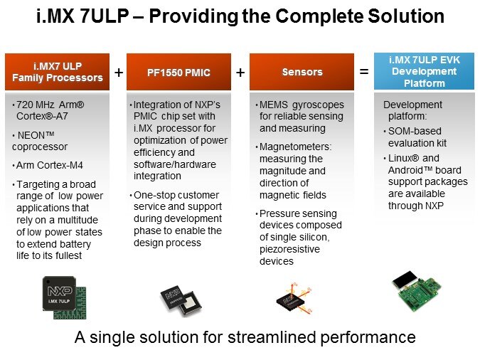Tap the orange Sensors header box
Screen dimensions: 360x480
(x=302, y=72)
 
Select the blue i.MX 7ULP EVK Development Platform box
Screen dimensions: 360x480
(x=424, y=72)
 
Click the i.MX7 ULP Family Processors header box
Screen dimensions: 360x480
(x=58, y=72)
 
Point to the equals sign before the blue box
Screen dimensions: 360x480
(x=363, y=72)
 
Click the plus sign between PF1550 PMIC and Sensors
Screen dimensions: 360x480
(x=240, y=72)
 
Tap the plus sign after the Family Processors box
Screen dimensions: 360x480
(x=118, y=72)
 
